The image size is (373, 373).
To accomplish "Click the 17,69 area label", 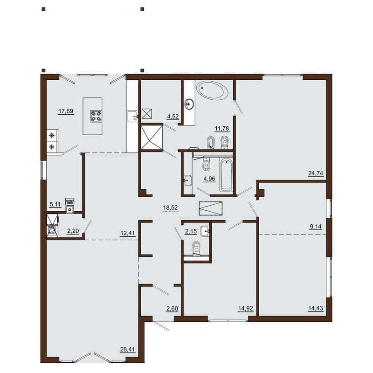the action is [66, 111].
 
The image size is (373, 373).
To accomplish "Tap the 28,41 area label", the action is [128, 349].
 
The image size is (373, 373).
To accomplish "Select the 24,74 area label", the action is [316, 173].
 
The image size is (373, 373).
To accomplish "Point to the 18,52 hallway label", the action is [170, 207].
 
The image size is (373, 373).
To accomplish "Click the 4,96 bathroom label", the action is [209, 179].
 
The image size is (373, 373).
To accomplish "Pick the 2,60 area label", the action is [172, 309].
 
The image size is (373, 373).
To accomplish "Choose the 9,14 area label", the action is [316, 227].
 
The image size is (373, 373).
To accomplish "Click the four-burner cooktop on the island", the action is [96, 116].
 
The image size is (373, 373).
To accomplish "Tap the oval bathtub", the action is [212, 90].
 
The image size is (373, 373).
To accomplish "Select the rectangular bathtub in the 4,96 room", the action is [226, 174].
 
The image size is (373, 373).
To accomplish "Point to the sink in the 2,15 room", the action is [205, 231].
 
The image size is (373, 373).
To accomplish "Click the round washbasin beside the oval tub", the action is [189, 104].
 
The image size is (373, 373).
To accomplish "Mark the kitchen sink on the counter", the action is [132, 116].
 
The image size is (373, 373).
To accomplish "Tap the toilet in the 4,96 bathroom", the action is [206, 164].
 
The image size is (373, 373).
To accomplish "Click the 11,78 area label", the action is [222, 129].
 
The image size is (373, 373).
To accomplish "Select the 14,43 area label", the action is [316, 309].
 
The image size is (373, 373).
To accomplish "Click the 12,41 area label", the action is [128, 233].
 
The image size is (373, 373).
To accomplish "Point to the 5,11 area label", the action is [55, 204].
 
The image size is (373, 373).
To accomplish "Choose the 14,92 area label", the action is [246, 309].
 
